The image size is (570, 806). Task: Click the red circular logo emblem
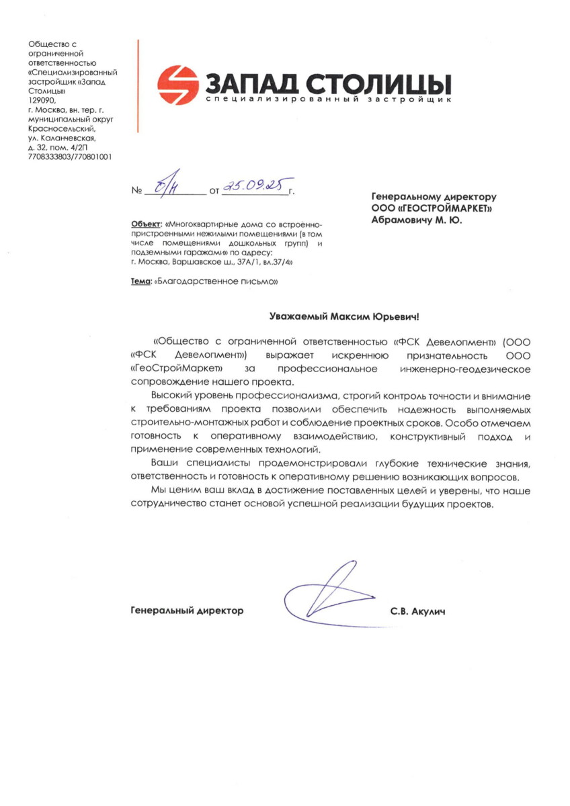coord(178,85)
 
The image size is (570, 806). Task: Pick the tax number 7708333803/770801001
coord(71,156)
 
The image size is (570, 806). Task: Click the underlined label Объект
coord(145,223)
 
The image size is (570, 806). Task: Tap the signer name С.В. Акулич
coord(417,611)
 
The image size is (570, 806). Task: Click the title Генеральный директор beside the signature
coord(186,611)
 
